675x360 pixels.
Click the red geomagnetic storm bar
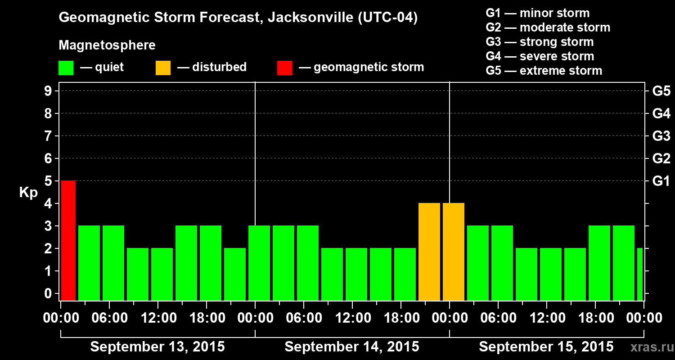pyautogui.click(x=68, y=240)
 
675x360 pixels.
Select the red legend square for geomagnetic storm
pyautogui.click(x=284, y=67)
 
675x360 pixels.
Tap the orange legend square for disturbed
pyautogui.click(x=163, y=67)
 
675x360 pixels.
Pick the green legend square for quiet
pyautogui.click(x=66, y=67)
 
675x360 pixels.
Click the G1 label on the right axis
pyautogui.click(x=661, y=181)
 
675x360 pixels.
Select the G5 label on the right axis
pyautogui.click(x=661, y=91)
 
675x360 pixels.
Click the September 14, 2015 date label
pyautogui.click(x=352, y=347)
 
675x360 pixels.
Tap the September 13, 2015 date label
pyautogui.click(x=157, y=347)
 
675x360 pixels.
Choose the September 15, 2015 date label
pyautogui.click(x=546, y=347)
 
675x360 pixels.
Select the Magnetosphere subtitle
pyautogui.click(x=107, y=45)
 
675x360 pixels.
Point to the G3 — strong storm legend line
pyautogui.click(x=540, y=42)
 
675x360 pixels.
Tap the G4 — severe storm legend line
pyautogui.click(x=540, y=56)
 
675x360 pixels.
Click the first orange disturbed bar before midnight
pyautogui.click(x=429, y=252)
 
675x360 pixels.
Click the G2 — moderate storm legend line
pyautogui.click(x=548, y=27)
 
